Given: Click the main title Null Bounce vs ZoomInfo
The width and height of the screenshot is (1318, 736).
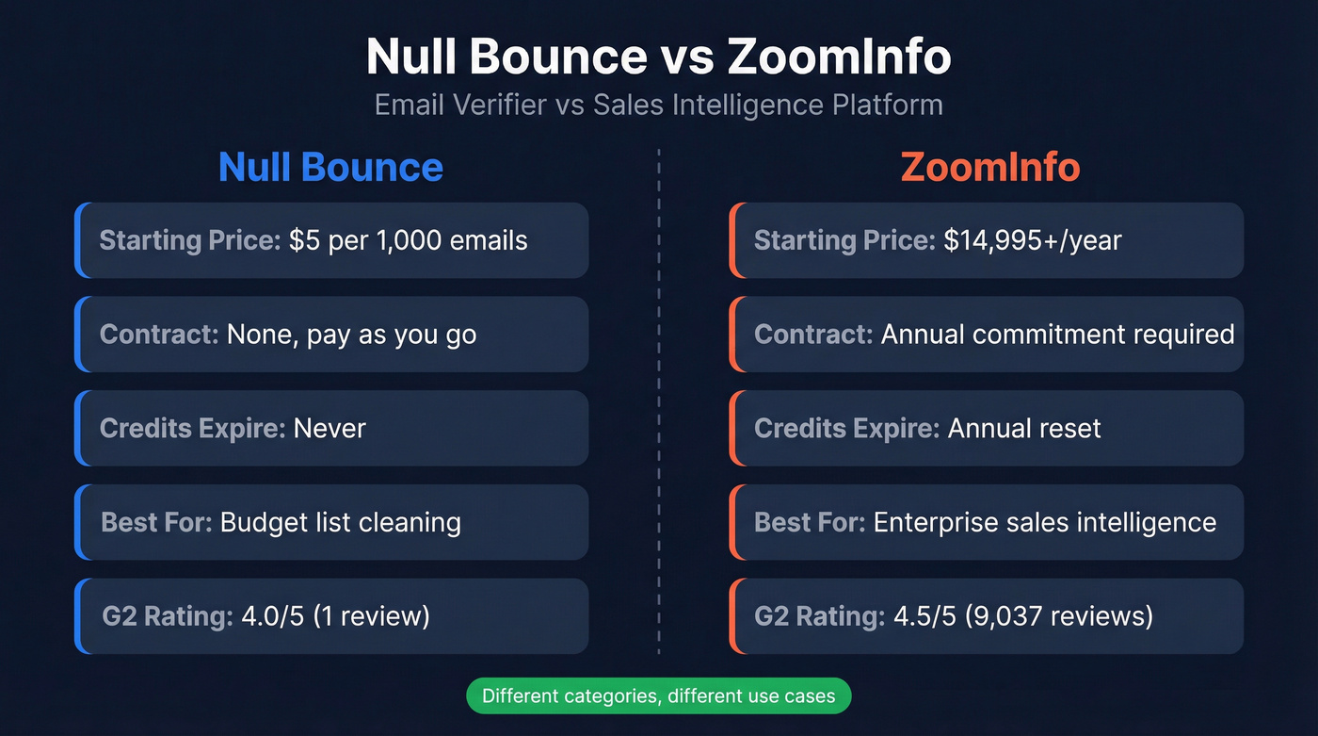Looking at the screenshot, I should (658, 58).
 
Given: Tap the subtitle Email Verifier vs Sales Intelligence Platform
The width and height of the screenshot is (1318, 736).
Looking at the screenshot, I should (658, 104).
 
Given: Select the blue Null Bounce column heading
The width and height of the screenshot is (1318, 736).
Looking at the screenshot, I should (330, 168).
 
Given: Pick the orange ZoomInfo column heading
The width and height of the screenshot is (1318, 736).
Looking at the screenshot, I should (989, 168).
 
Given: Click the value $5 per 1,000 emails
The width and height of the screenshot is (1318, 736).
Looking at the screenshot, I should (408, 240).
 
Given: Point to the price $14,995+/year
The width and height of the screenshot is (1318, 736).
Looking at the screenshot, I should (1033, 240).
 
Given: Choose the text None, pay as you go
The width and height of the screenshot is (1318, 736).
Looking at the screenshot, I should (351, 335).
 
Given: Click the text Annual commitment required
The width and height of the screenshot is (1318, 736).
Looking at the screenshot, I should (1057, 335).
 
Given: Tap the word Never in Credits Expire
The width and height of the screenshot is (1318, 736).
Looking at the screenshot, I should (329, 429).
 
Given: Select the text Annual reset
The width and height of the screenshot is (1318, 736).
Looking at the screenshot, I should (1024, 429).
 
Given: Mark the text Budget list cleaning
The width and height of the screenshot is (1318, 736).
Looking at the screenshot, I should (341, 522).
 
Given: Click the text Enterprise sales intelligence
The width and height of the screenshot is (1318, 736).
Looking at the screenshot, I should (1045, 522).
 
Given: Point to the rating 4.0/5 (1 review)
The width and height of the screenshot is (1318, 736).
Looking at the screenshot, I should (335, 616).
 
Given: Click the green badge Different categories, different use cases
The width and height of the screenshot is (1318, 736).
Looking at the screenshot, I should (658, 696).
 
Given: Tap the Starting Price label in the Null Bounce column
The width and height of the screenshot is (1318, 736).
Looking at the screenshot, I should (190, 240).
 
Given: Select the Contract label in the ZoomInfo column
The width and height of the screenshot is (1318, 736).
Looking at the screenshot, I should (813, 335).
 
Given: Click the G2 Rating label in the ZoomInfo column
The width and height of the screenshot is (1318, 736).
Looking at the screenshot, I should (819, 616).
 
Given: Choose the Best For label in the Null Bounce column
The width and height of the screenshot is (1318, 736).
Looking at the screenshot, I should (156, 522).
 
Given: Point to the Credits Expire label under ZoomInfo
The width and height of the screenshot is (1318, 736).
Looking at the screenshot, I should (846, 429).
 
